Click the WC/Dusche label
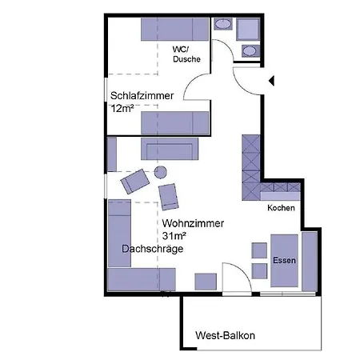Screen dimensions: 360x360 click(x=186, y=54)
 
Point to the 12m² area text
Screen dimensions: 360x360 click(x=122, y=108)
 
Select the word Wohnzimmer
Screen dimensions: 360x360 click(x=193, y=224)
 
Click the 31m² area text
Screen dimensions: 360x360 click(x=174, y=237)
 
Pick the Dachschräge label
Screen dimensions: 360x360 click(x=153, y=250)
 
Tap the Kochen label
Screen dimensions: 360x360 click(x=281, y=208)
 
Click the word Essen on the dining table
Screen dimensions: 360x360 click(x=284, y=261)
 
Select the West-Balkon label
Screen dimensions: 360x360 click(x=225, y=335)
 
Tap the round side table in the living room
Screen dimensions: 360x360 click(x=160, y=172)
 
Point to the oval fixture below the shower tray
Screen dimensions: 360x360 click(x=250, y=51)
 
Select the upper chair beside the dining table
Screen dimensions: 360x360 click(x=259, y=250)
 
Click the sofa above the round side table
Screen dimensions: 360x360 click(x=170, y=149)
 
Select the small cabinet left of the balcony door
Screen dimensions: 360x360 click(x=206, y=281)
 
